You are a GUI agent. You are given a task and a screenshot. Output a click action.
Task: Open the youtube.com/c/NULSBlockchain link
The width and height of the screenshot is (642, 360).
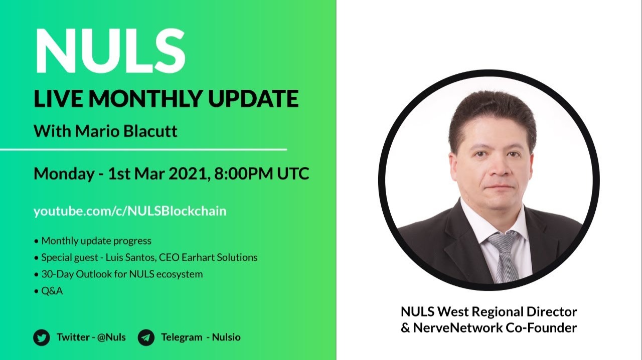[130, 211]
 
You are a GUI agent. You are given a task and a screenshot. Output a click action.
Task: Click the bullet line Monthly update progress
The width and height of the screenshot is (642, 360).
[96, 241]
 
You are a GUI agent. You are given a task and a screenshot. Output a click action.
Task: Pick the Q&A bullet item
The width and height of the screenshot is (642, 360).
[52, 291]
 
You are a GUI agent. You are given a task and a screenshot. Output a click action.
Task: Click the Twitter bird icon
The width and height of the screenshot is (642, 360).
[42, 337]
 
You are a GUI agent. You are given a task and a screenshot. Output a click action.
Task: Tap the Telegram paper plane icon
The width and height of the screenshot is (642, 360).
[146, 337]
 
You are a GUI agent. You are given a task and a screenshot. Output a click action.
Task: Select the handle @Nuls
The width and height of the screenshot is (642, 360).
[111, 337]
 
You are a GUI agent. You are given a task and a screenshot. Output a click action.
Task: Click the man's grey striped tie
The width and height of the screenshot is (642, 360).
[503, 256]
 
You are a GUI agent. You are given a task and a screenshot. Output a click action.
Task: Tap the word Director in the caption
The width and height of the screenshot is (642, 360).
[551, 312]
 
